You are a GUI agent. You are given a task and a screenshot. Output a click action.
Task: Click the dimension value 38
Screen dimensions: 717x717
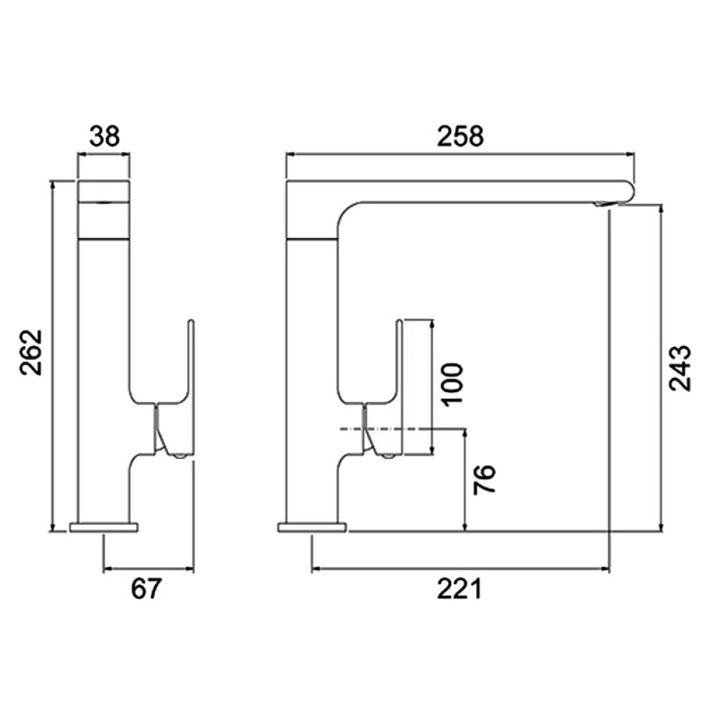tap(104, 136)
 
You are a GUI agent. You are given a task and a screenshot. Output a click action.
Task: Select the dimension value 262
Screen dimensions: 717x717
tap(32, 352)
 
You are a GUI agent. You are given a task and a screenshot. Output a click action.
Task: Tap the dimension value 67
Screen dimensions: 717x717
tap(148, 589)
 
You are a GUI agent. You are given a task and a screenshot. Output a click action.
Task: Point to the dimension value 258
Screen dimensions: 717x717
tap(461, 136)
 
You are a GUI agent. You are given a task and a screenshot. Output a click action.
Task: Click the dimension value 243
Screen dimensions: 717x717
tap(680, 368)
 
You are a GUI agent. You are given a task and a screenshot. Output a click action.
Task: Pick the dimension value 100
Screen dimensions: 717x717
tap(452, 385)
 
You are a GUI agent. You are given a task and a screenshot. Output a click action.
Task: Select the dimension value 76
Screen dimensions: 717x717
tap(485, 481)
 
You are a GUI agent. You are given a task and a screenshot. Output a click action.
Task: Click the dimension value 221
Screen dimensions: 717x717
tap(460, 589)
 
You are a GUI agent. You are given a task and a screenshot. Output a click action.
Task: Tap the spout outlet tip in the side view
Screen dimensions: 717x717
tap(604, 205)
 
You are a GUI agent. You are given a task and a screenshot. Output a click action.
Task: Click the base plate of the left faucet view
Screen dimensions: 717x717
tap(104, 528)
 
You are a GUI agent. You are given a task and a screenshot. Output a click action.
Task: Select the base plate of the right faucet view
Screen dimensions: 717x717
tap(312, 528)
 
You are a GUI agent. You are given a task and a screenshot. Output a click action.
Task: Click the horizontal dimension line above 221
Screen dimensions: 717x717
tap(460, 571)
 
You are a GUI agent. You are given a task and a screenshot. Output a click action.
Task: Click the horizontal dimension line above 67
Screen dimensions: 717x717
tap(148, 571)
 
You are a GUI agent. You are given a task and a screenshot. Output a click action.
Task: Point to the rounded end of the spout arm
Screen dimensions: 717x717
tap(630, 191)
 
